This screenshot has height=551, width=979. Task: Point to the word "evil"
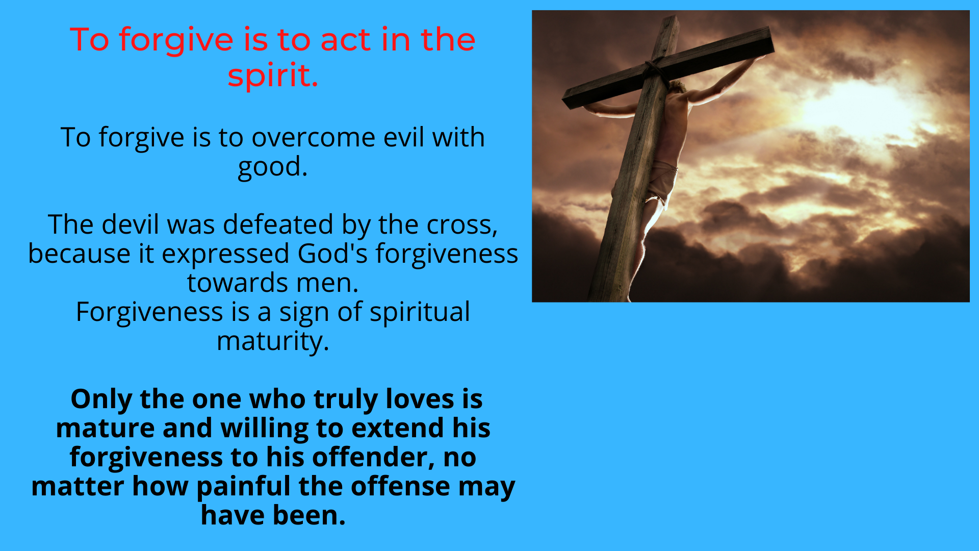coord(404,137)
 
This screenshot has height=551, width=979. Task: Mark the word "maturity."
coord(273,342)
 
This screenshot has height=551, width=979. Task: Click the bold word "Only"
coord(101,399)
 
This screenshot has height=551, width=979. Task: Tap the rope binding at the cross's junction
coord(654,69)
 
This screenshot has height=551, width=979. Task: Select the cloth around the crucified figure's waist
coord(663,181)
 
